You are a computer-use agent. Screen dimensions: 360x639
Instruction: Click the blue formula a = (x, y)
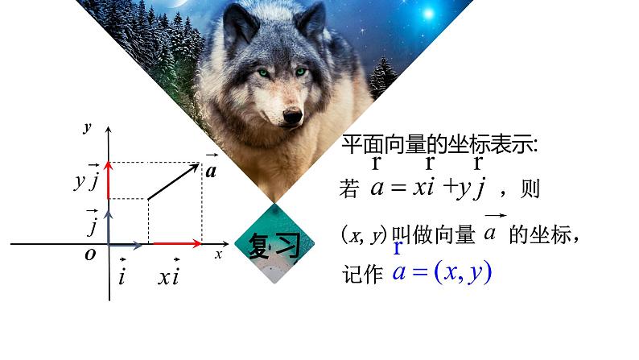(x=440, y=272)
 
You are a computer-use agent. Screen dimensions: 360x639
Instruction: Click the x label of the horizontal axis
(x=217, y=253)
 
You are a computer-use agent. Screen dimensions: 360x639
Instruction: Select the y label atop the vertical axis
(x=86, y=127)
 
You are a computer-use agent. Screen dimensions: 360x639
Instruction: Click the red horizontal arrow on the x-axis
(x=176, y=242)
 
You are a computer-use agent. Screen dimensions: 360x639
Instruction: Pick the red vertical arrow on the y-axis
(x=109, y=180)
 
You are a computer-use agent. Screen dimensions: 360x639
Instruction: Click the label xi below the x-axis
(x=168, y=275)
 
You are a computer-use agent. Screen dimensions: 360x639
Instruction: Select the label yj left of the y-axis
(x=86, y=180)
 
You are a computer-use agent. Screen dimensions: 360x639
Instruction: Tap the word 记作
(x=360, y=274)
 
